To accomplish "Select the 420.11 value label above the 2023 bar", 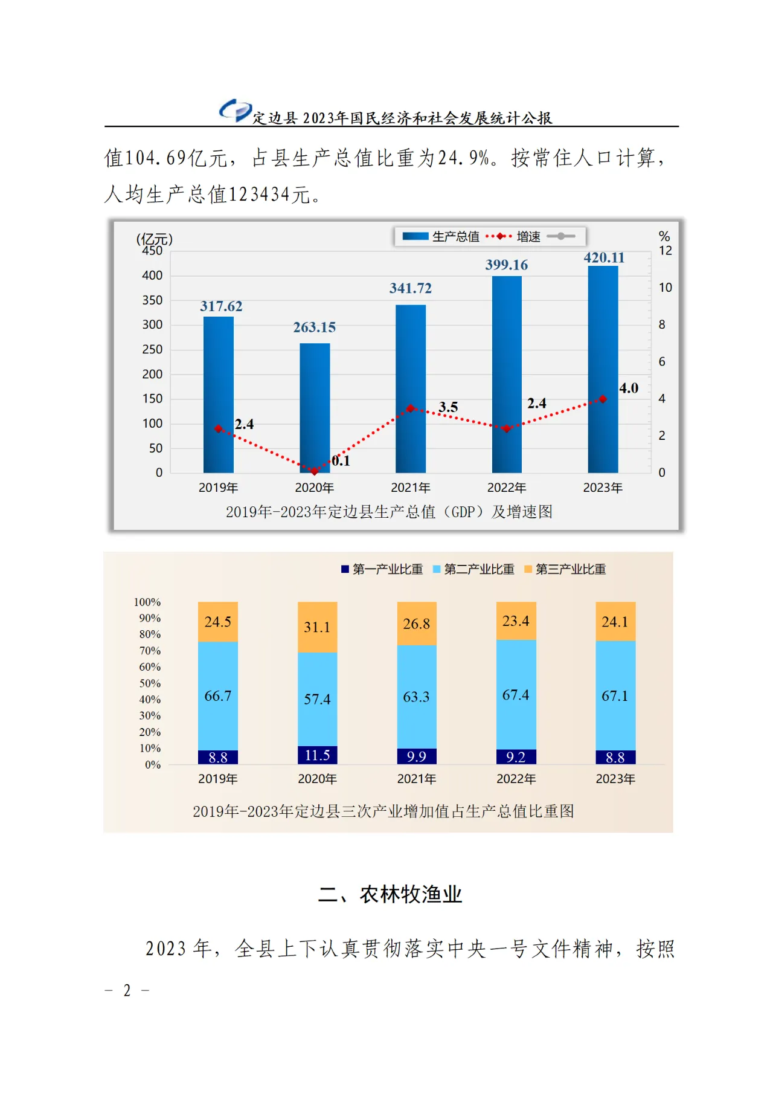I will click(604, 257).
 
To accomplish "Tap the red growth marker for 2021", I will click(411, 408).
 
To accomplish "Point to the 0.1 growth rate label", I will click(341, 461).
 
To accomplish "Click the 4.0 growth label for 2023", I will click(629, 388).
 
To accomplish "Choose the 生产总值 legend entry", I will click(441, 236).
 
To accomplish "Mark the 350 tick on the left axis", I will click(152, 300).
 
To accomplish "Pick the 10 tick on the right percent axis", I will click(665, 288).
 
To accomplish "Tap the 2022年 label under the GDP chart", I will click(507, 488).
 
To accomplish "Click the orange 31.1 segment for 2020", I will click(317, 627).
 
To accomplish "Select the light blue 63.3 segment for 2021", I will click(416, 697).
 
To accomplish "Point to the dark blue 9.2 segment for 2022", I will click(516, 756).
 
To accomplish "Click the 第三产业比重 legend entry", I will click(565, 569).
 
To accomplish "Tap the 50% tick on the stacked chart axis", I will click(150, 683).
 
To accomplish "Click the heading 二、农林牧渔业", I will click(390, 894).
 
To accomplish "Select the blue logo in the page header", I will click(235, 111).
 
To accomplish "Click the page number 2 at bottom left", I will click(127, 990).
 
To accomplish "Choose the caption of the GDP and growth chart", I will click(389, 512).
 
